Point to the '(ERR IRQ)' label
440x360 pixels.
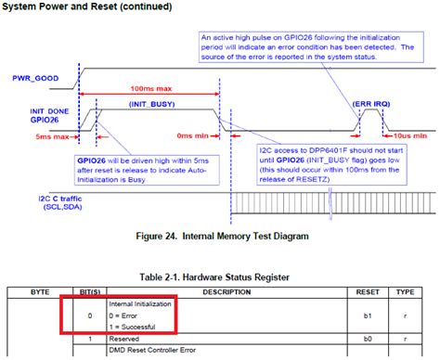tap(370, 107)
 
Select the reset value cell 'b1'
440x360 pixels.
tap(368, 315)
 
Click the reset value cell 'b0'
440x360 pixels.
tap(368, 341)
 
